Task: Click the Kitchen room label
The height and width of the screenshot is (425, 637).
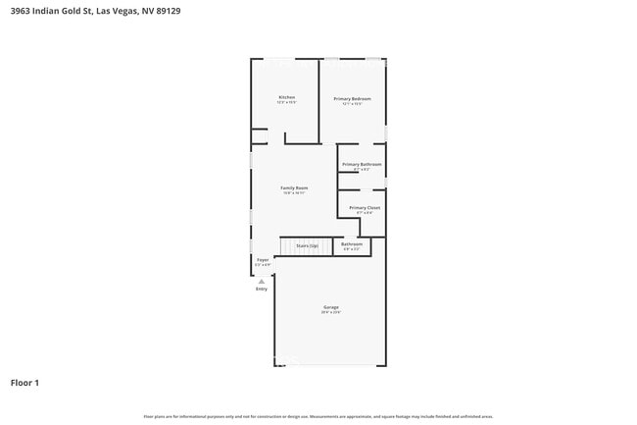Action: pyautogui.click(x=286, y=97)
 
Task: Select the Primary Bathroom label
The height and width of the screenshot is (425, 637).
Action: pyautogui.click(x=362, y=164)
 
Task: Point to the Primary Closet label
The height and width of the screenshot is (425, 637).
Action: pyautogui.click(x=365, y=207)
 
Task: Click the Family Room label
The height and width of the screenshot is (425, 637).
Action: pyautogui.click(x=294, y=187)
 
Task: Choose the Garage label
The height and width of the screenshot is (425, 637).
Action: pyautogui.click(x=331, y=307)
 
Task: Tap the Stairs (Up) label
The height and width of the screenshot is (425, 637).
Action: pyautogui.click(x=307, y=245)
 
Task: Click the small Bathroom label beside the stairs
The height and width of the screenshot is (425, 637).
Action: pyautogui.click(x=352, y=243)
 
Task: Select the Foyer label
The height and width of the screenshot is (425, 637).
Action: pyautogui.click(x=263, y=259)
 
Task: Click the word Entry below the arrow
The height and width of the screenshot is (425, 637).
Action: pyautogui.click(x=262, y=289)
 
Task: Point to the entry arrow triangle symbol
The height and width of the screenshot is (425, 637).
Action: pyautogui.click(x=262, y=281)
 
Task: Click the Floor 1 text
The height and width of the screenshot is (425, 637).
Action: pyautogui.click(x=24, y=382)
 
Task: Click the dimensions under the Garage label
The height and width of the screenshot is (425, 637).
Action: pyautogui.click(x=331, y=313)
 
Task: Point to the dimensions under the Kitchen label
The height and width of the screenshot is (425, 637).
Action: pyautogui.click(x=286, y=103)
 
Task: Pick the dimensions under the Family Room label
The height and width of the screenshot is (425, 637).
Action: pyautogui.click(x=294, y=193)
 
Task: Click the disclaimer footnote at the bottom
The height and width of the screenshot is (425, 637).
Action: pyautogui.click(x=318, y=416)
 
